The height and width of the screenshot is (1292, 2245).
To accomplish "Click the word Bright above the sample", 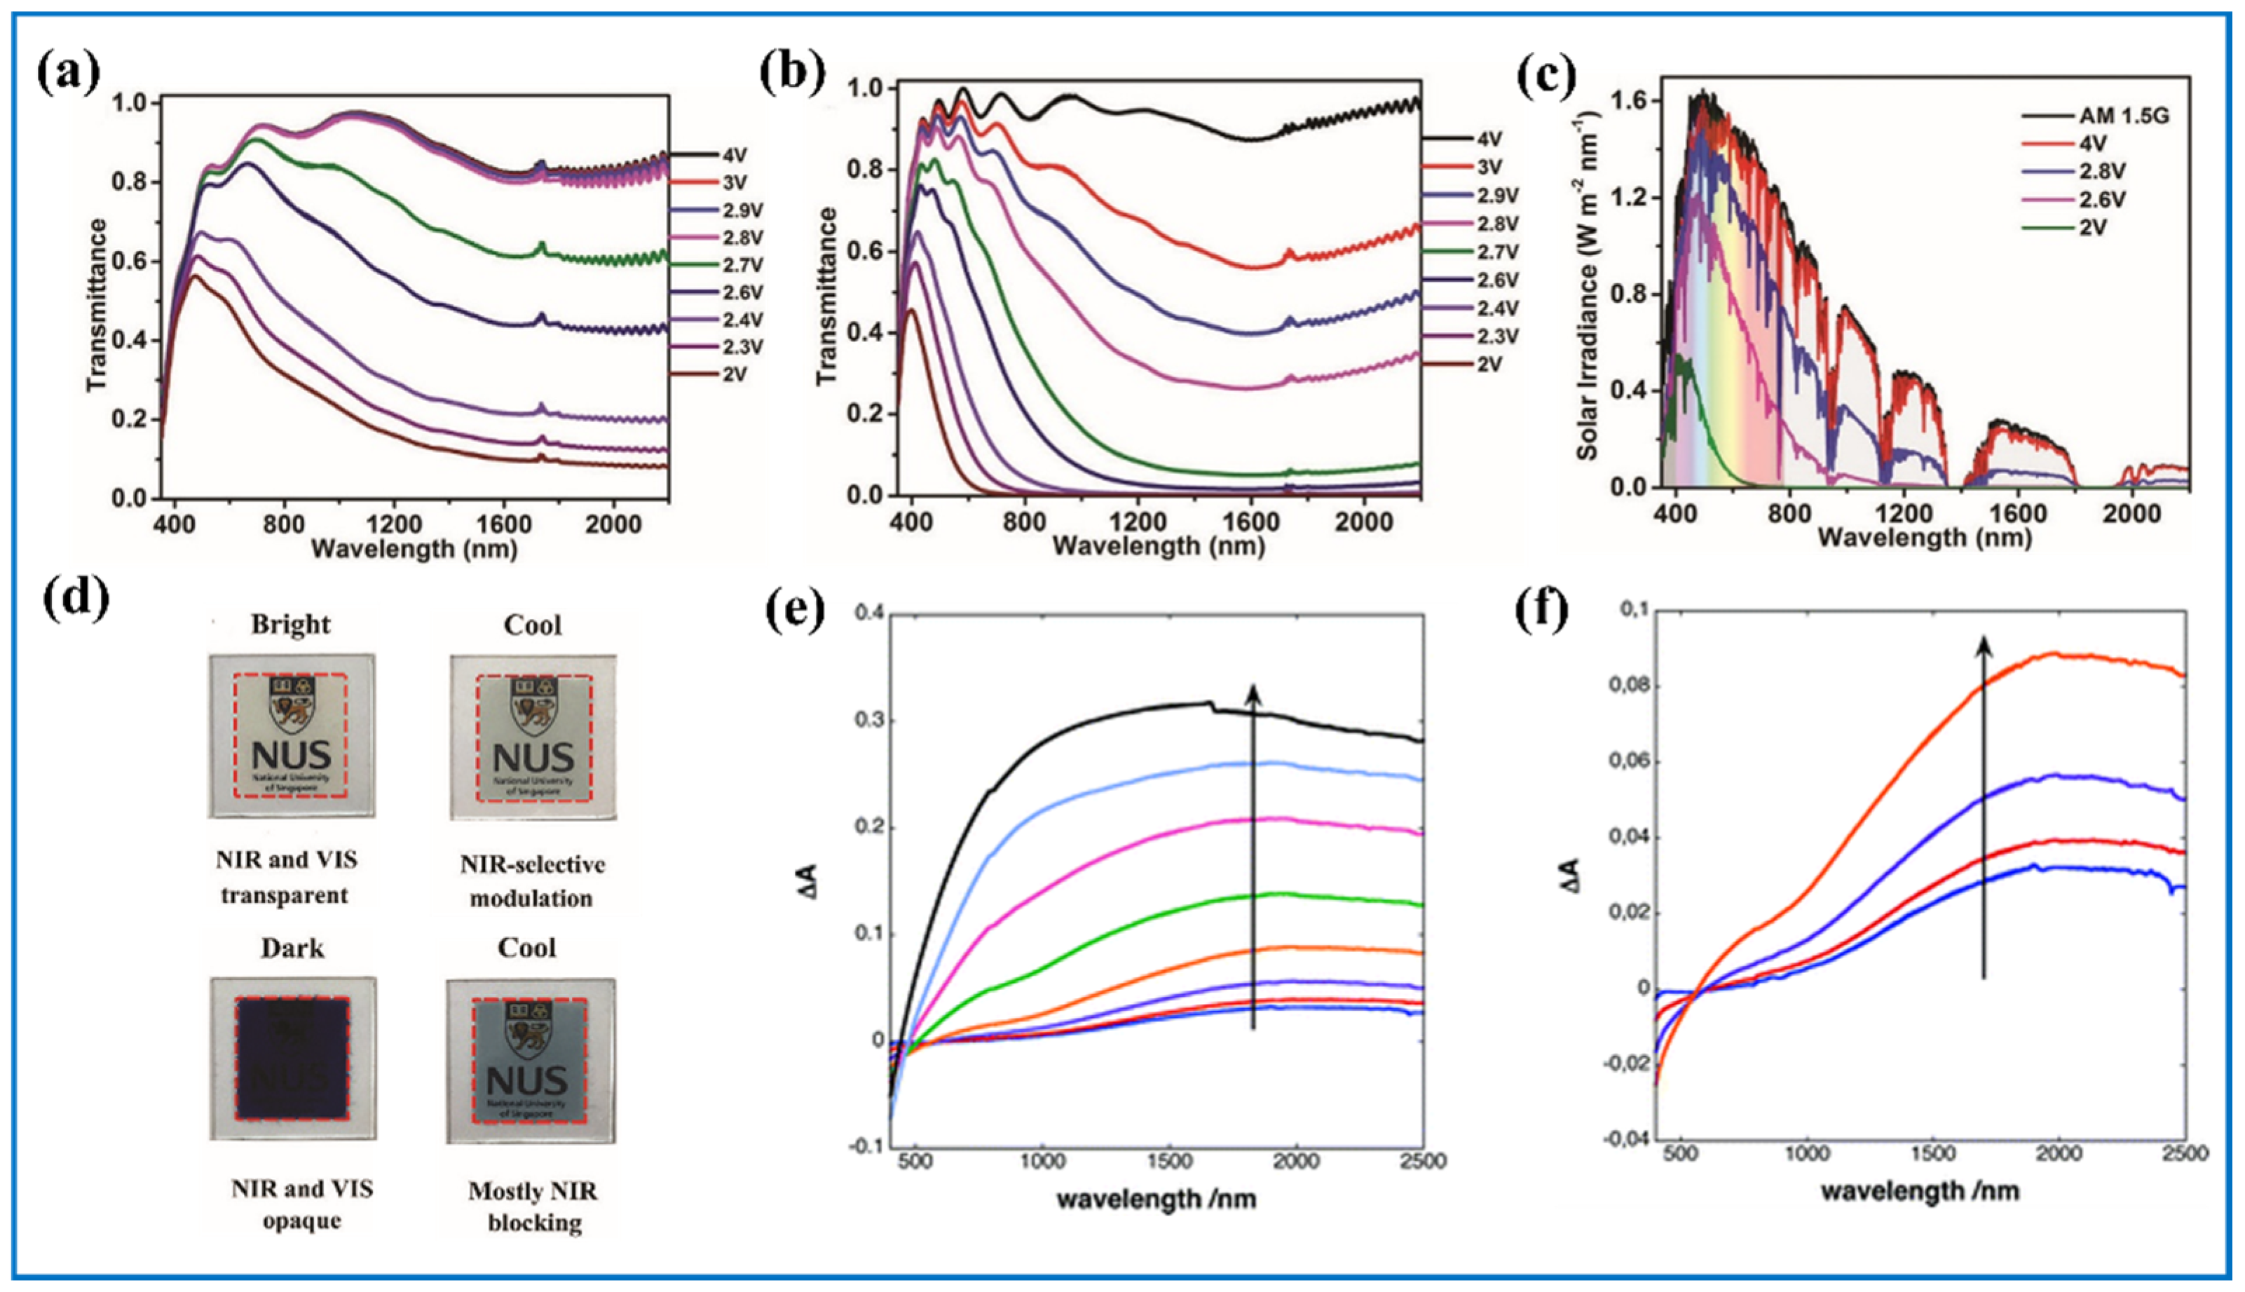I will [x=290, y=624].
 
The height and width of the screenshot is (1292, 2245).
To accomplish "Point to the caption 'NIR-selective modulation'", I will [x=532, y=881].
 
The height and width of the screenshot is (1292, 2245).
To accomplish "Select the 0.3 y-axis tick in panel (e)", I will [x=872, y=721].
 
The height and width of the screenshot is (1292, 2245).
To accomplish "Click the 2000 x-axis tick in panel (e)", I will [x=1297, y=1162].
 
